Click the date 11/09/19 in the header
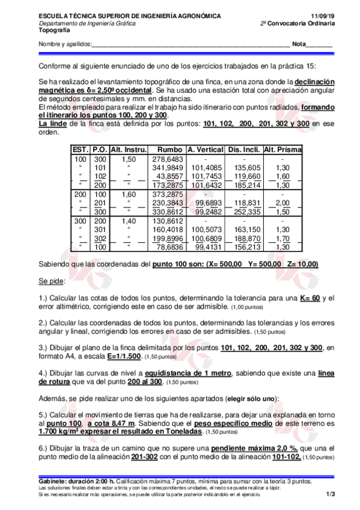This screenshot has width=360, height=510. tap(323, 15)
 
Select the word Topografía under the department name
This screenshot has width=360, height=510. tap(53, 29)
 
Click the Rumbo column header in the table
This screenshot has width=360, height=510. tap(169, 149)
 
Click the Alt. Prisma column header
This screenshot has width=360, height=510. tap(282, 149)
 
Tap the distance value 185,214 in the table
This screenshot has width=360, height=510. tap(248, 185)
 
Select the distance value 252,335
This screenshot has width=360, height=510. tap(248, 212)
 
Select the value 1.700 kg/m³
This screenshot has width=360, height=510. tap(58, 431)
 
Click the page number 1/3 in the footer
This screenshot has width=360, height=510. tap(330, 494)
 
